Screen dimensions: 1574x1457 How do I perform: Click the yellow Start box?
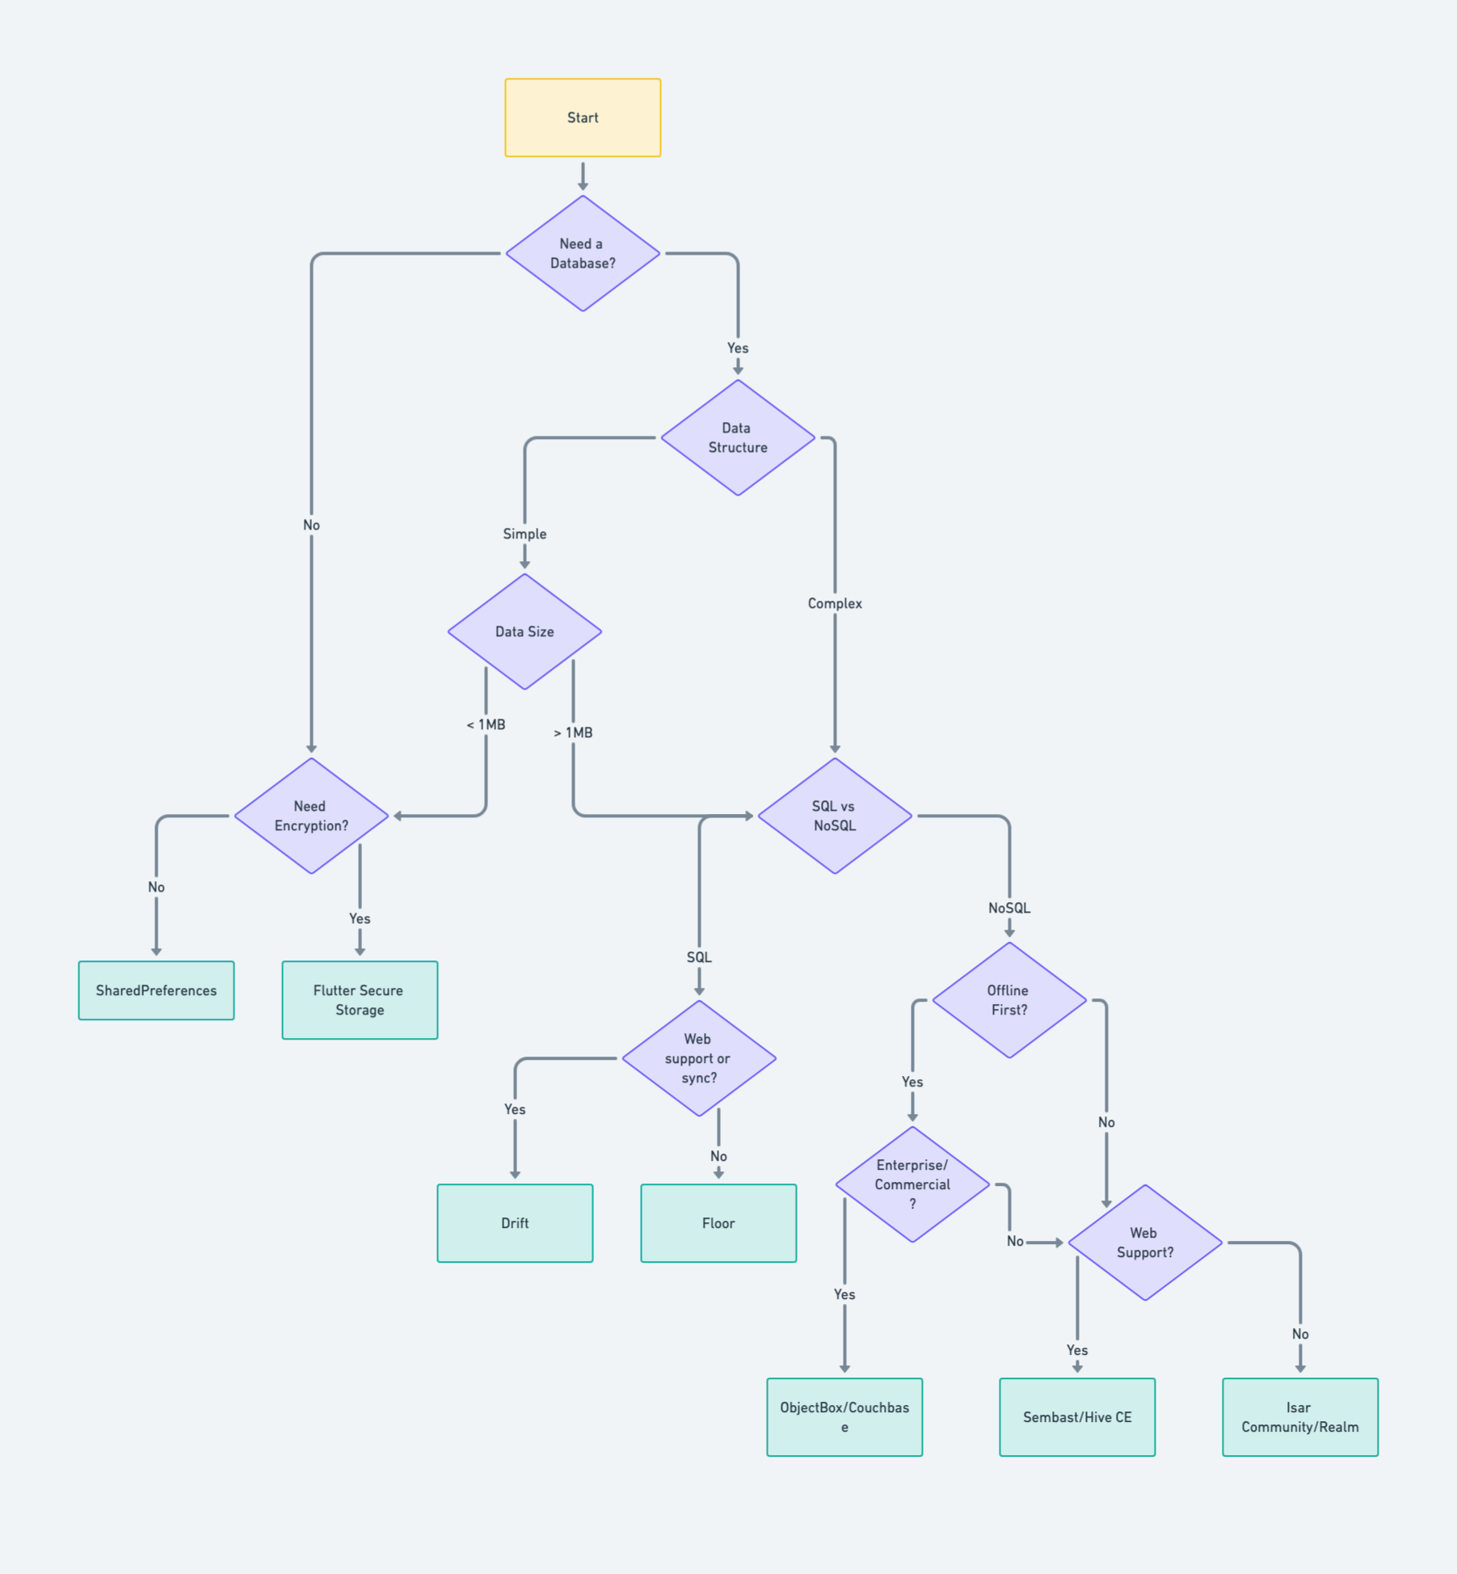click(583, 118)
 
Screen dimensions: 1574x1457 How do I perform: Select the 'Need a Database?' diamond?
click(583, 253)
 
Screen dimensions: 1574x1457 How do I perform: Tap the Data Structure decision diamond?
click(737, 437)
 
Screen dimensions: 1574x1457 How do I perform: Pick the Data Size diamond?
click(524, 631)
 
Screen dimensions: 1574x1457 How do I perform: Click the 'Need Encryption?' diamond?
click(311, 816)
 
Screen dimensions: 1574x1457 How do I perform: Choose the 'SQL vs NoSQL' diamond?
click(834, 816)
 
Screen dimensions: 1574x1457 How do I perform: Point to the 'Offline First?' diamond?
click(1009, 1000)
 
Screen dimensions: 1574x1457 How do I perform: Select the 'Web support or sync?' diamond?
click(698, 1058)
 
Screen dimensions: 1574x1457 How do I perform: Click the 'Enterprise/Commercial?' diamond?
click(912, 1184)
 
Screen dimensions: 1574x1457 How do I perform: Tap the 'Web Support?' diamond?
click(1144, 1243)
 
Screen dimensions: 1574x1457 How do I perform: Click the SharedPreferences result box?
click(156, 990)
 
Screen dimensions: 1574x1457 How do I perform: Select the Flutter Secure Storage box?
click(360, 1000)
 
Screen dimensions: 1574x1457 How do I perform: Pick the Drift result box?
click(515, 1223)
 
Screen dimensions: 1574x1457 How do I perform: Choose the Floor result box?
click(718, 1223)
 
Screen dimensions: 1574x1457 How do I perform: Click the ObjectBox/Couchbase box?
click(844, 1417)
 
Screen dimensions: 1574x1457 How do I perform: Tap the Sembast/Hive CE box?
click(1077, 1417)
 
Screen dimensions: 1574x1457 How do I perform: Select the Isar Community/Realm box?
click(1300, 1417)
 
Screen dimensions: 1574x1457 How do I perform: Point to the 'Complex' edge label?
click(835, 604)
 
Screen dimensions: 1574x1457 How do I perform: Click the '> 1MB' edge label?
click(573, 732)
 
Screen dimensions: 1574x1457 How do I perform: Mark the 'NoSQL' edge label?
click(1009, 908)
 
